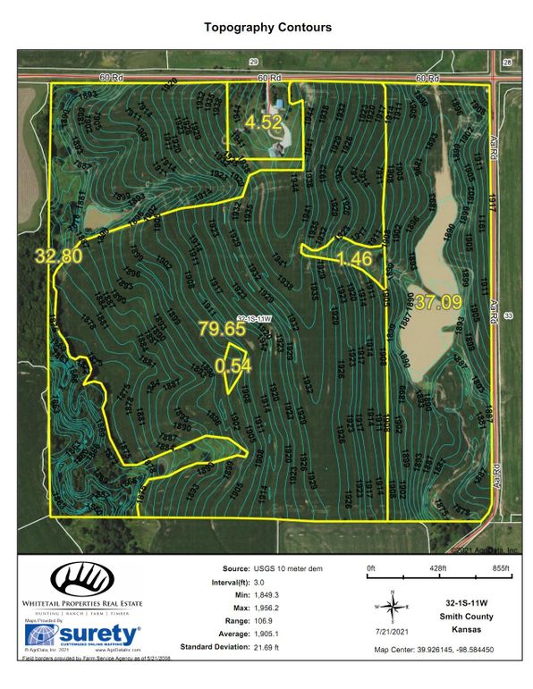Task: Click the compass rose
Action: click(391, 605)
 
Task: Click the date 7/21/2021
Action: click(391, 633)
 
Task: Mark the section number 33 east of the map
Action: click(507, 316)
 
